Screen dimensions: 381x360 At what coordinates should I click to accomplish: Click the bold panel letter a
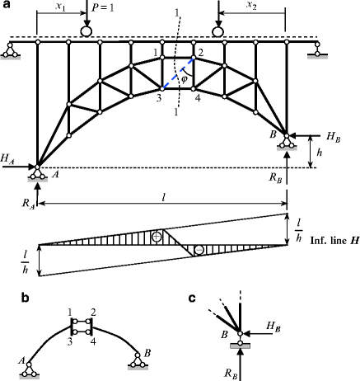pos(7,6)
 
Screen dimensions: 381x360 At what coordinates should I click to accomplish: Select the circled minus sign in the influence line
pos(199,250)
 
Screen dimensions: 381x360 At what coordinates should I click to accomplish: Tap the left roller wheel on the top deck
pos(86,32)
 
